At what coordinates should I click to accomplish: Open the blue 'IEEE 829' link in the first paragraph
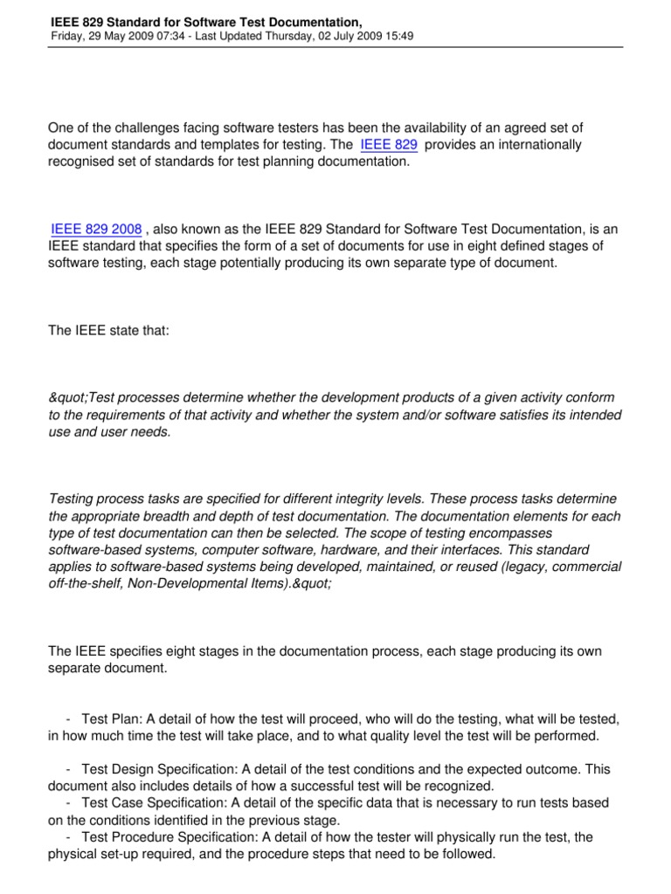[x=388, y=145]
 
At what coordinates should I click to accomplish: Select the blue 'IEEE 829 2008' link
[x=96, y=230]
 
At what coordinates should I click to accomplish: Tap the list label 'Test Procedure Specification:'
[x=163, y=836]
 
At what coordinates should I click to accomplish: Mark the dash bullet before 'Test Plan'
[x=68, y=719]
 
